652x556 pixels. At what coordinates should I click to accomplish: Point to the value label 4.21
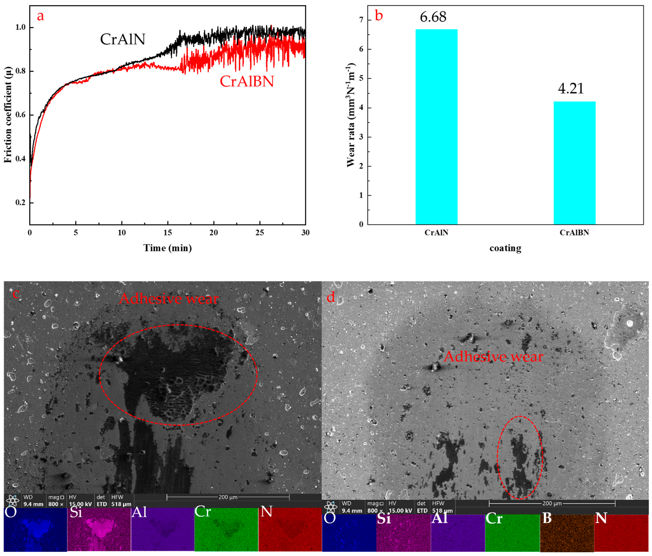tap(571, 89)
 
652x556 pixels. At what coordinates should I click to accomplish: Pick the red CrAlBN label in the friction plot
tap(247, 81)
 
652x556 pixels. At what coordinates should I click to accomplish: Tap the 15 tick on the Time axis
tap(168, 233)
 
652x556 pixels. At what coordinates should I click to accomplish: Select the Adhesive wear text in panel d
tap(493, 357)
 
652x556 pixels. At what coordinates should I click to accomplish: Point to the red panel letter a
tap(40, 15)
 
